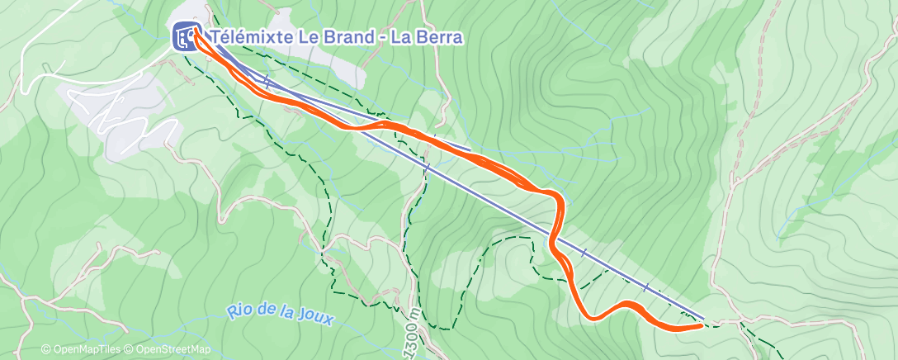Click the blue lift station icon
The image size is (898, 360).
(184, 37)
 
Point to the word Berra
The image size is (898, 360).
(437, 37)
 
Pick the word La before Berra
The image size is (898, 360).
(400, 37)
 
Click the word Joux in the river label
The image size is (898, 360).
(314, 318)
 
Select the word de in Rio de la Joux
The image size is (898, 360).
(267, 314)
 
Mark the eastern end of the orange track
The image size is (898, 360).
(702, 325)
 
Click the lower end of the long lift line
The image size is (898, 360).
(704, 319)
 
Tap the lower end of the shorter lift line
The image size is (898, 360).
(470, 151)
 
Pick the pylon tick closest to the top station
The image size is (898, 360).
(267, 80)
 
